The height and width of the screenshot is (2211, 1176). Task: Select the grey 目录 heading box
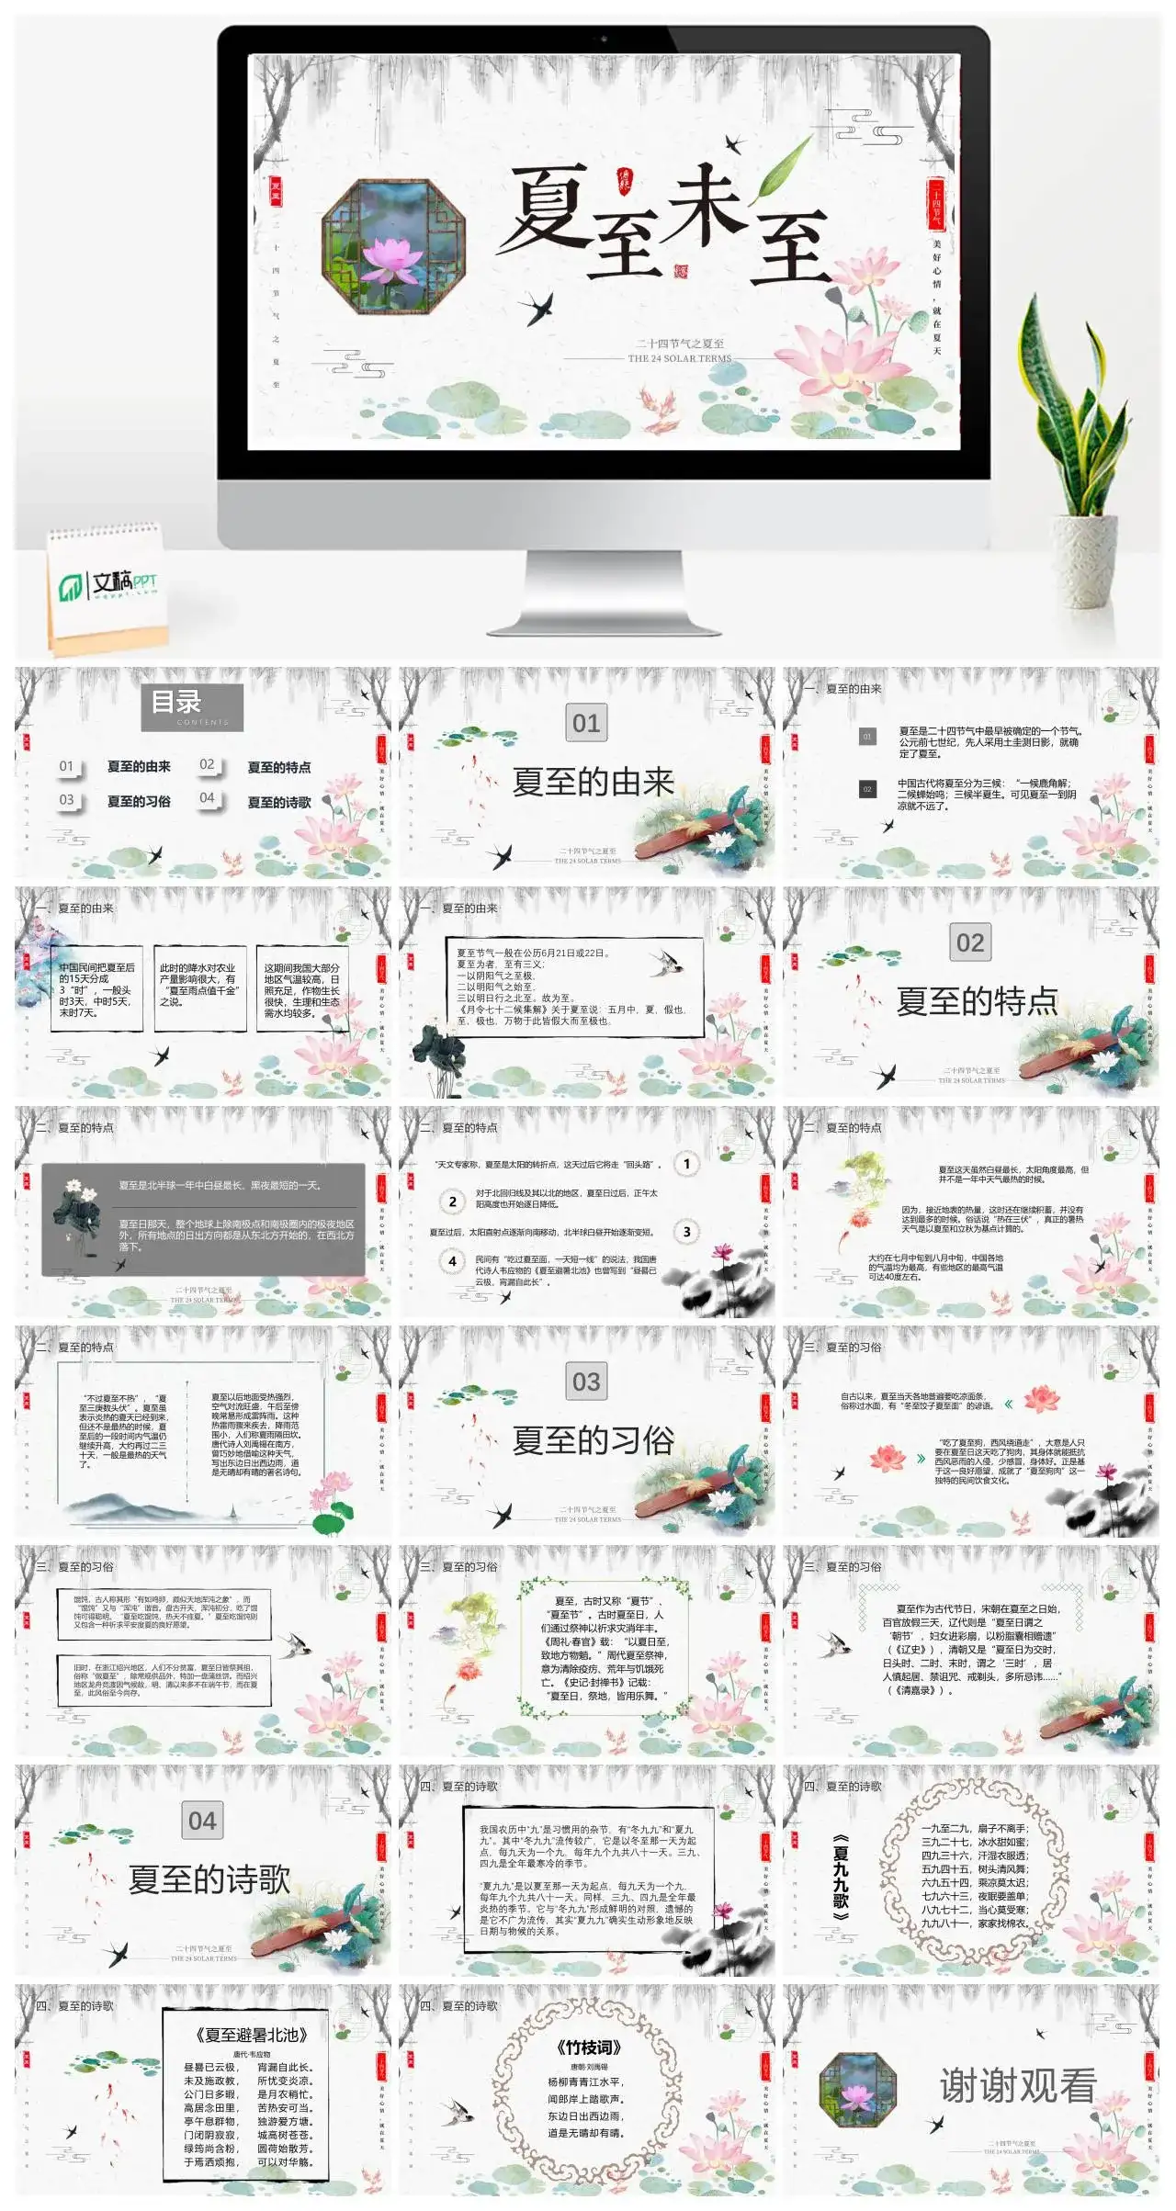tap(197, 706)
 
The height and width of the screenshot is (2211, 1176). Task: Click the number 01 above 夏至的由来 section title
tap(586, 723)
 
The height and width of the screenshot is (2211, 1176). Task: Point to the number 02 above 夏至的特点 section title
tap(970, 942)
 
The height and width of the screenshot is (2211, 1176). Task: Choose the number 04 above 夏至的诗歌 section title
tap(202, 1821)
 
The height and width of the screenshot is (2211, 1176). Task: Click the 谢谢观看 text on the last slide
tap(1018, 2086)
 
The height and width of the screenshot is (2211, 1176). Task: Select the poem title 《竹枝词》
tap(588, 2047)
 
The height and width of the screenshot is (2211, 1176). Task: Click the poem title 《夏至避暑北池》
tap(251, 2035)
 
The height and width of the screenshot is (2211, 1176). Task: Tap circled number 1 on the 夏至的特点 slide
tap(686, 1164)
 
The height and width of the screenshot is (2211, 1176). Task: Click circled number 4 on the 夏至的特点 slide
tap(452, 1261)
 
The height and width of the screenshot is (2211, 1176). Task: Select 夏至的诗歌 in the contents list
tap(279, 802)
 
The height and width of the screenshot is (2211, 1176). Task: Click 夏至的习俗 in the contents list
tap(139, 801)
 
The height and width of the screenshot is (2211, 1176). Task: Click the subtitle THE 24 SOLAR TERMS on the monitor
tap(680, 358)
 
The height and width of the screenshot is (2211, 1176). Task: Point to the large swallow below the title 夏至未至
tap(537, 308)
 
